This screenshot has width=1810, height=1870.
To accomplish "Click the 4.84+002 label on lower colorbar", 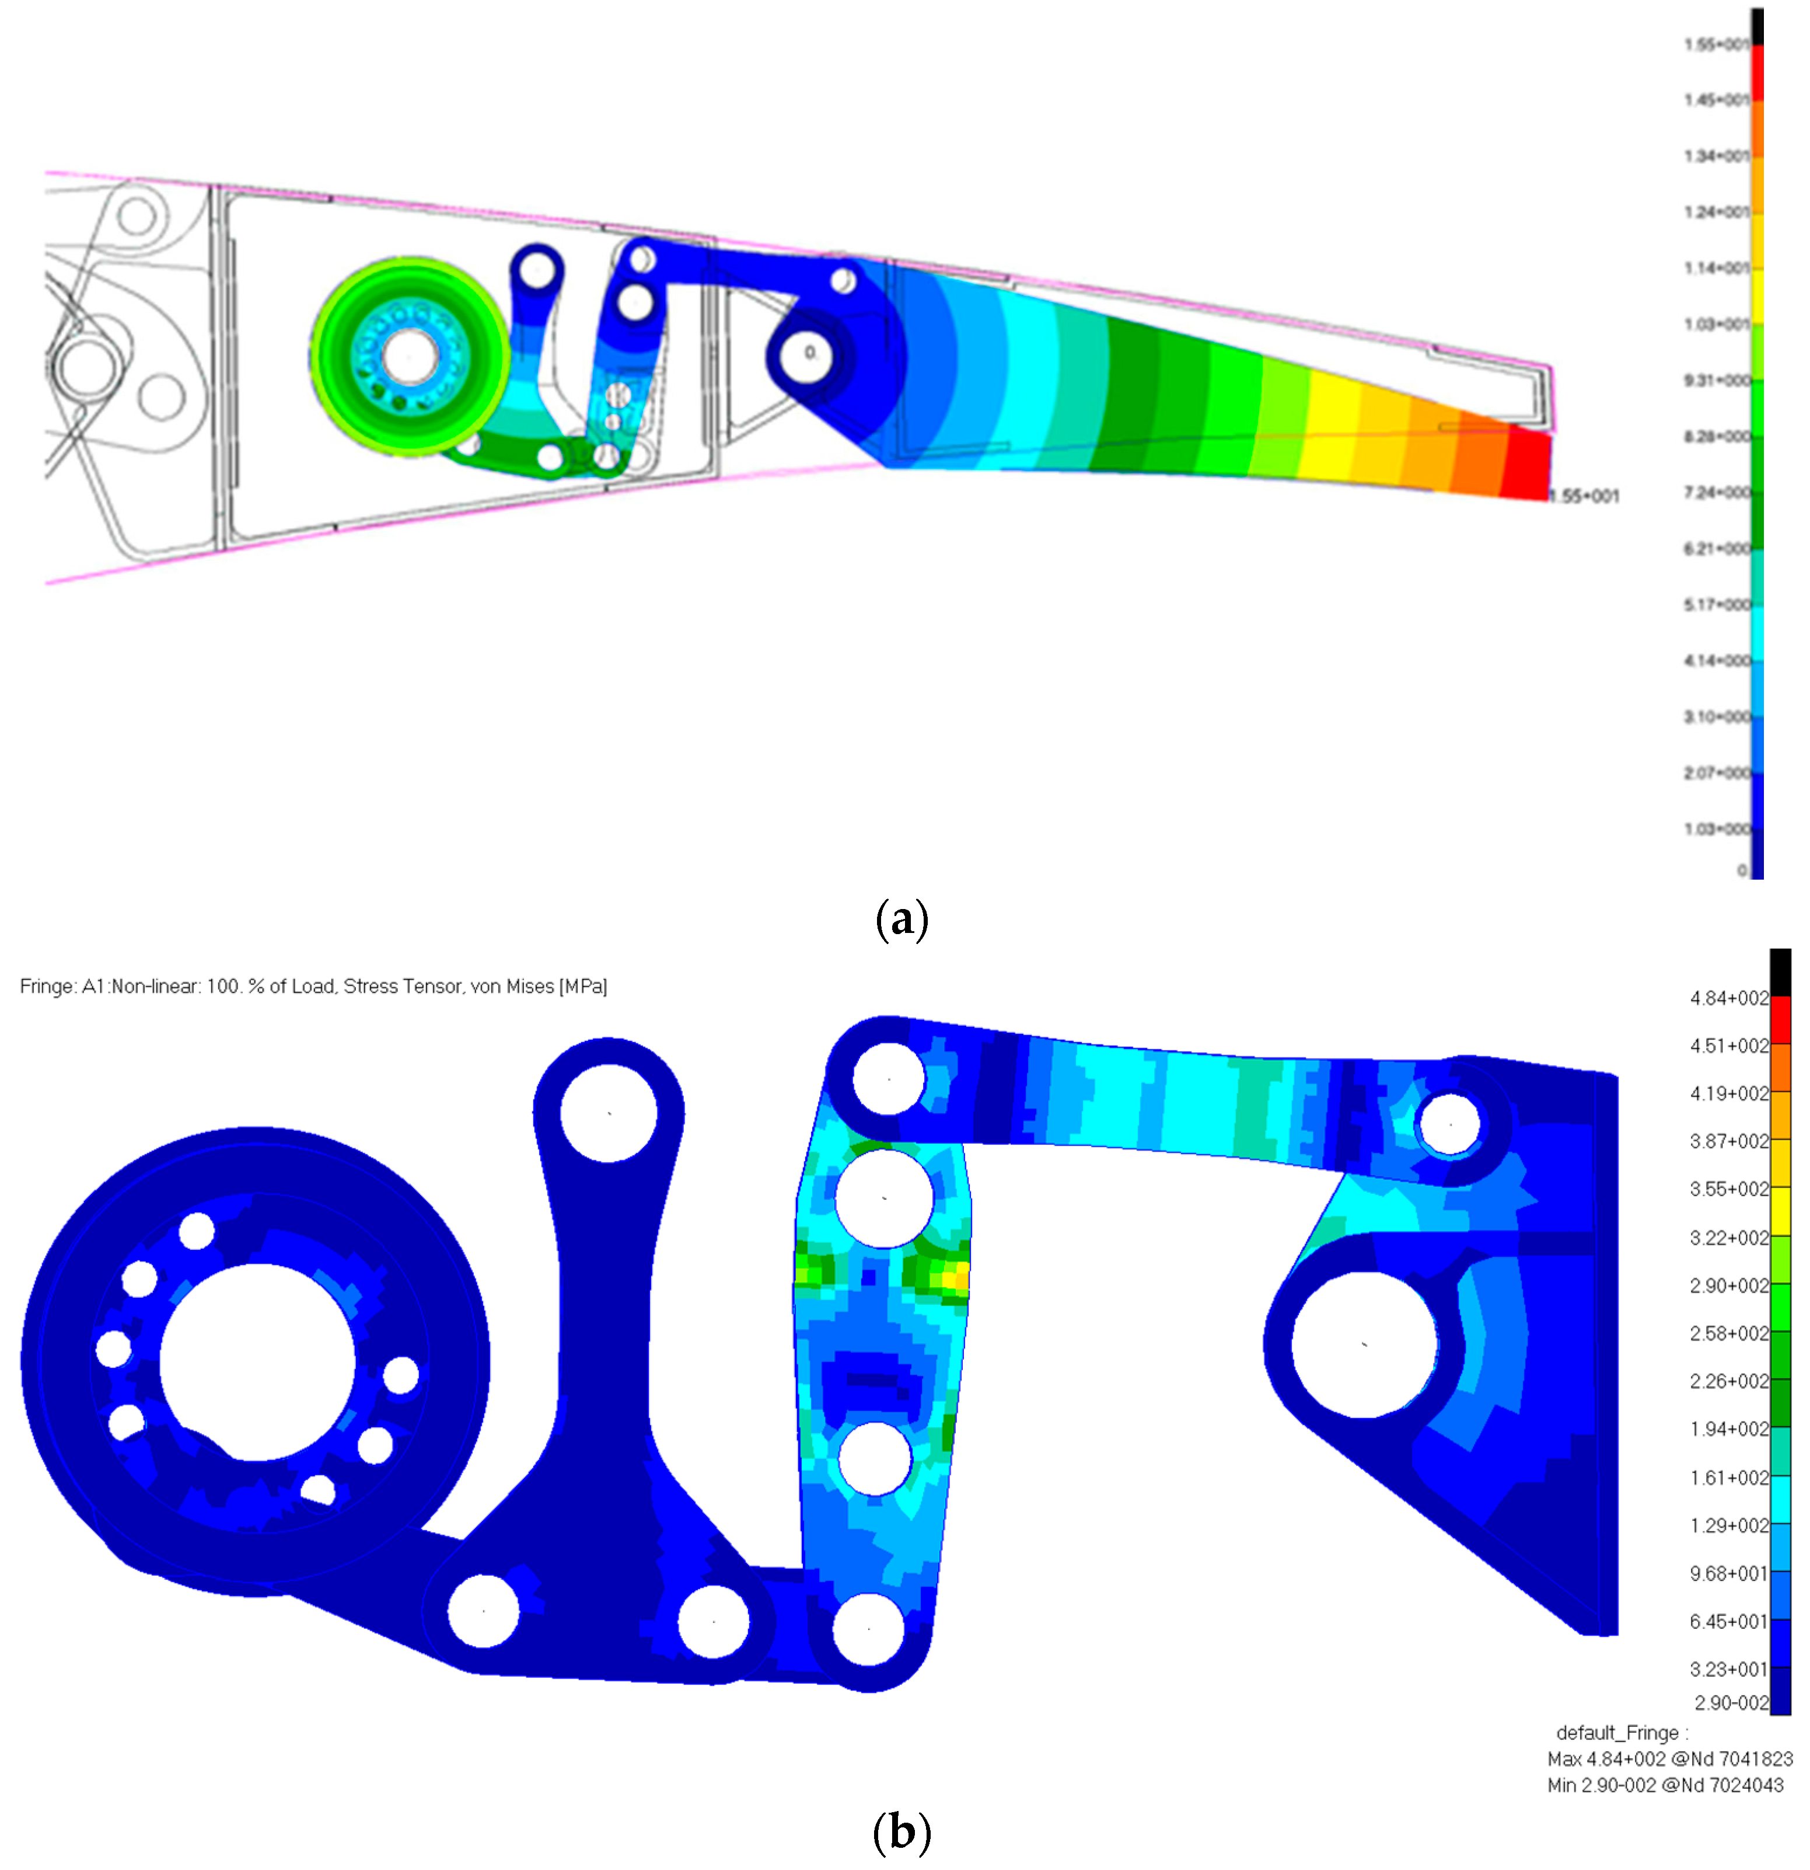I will [x=1727, y=998].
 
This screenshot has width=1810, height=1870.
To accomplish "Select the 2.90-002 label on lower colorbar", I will [x=1730, y=1702].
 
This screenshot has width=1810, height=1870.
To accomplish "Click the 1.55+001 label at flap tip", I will [x=1584, y=496].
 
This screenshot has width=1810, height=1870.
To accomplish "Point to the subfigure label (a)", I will [x=900, y=919].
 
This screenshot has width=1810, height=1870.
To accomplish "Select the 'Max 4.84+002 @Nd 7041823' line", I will [x=1669, y=1758].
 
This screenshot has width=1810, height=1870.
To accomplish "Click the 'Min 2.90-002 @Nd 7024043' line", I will [x=1664, y=1785].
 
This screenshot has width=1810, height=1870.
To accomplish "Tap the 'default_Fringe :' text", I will [x=1621, y=1733].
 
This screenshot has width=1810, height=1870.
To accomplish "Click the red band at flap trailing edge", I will [x=1526, y=465].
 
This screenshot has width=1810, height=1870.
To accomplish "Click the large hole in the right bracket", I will [x=1364, y=1343].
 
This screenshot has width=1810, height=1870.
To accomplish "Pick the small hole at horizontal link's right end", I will [x=1449, y=1124].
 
